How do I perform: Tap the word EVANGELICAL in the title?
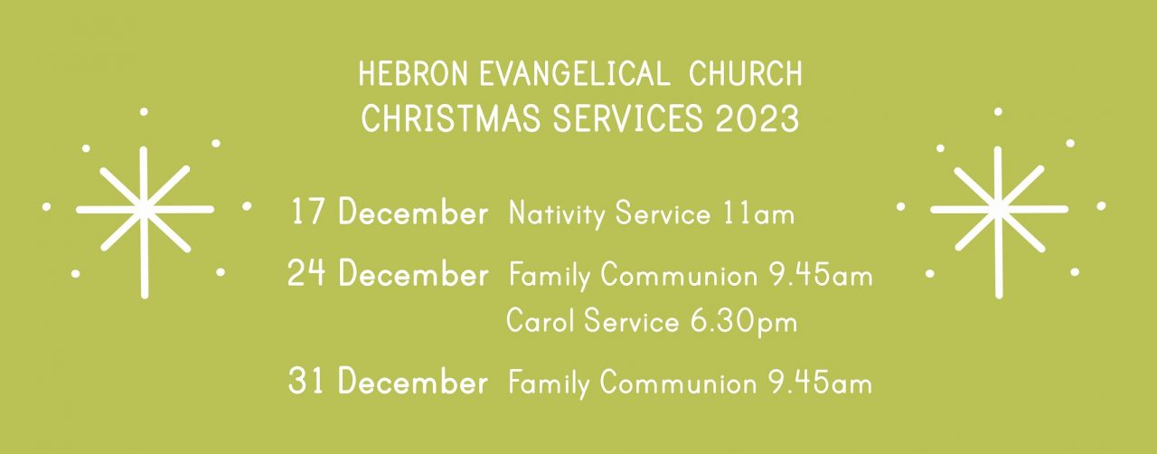(x=574, y=74)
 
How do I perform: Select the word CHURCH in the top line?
(x=746, y=74)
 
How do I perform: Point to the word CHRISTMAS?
(x=451, y=118)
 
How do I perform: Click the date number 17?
(x=308, y=212)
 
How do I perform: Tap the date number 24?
(x=306, y=273)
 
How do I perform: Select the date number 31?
(x=306, y=381)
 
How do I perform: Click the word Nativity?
(x=556, y=214)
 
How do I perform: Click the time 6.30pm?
(x=744, y=322)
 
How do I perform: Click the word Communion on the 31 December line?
(x=678, y=383)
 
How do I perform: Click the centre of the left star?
(x=144, y=209)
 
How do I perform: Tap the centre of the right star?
(x=999, y=209)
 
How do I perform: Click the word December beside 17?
(x=413, y=212)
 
